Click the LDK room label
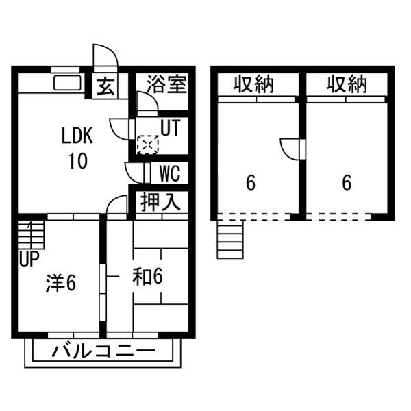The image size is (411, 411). (x=77, y=135)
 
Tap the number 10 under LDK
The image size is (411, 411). (x=78, y=161)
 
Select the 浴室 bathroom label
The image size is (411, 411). (x=166, y=84)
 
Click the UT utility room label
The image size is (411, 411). (x=171, y=127)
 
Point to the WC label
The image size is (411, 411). (x=170, y=173)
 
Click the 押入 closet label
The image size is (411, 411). (x=161, y=202)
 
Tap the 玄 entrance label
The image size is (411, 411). (x=105, y=87)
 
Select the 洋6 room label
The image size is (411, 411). (x=61, y=284)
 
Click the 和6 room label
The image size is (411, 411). (x=147, y=277)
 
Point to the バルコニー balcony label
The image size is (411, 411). (x=103, y=351)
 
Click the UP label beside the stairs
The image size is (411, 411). (x=29, y=259)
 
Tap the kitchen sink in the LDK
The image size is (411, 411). (x=67, y=83)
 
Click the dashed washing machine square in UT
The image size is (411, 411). (x=148, y=145)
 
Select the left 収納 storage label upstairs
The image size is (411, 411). (x=253, y=84)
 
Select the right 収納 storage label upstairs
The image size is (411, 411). (x=347, y=84)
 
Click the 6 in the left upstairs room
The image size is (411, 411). (x=251, y=183)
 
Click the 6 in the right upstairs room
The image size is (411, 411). (x=347, y=183)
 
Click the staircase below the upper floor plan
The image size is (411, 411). (x=230, y=240)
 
